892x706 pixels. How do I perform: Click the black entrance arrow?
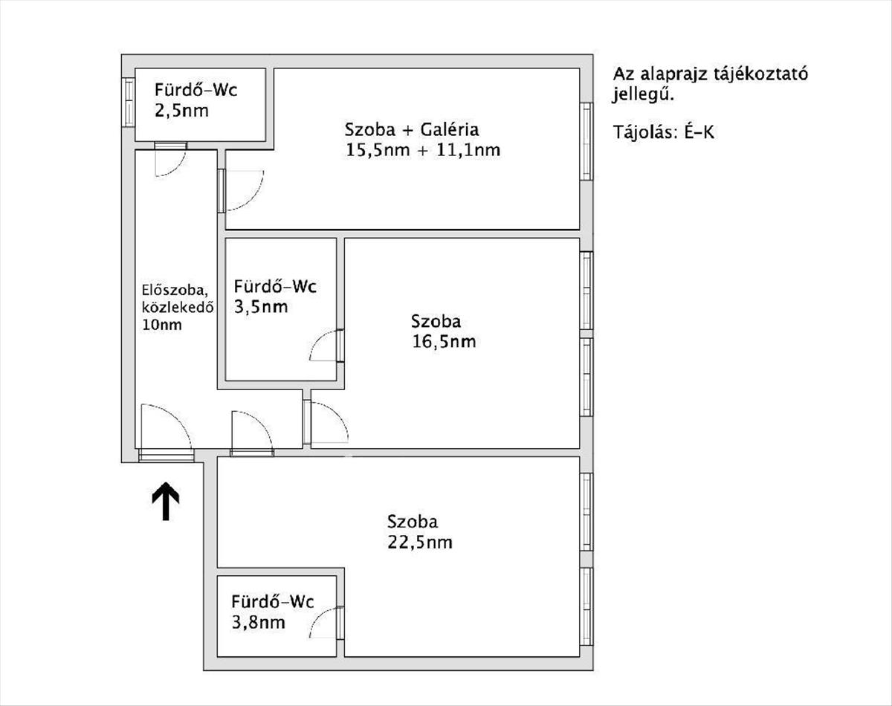(166, 501)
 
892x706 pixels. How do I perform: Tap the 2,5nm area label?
(181, 111)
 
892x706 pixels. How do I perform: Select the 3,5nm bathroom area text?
(261, 307)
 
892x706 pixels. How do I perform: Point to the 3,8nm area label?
(258, 622)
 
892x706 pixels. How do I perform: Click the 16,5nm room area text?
(444, 342)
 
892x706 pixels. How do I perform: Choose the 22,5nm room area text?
(420, 543)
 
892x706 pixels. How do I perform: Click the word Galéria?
(450, 130)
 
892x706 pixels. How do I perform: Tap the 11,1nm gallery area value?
(468, 149)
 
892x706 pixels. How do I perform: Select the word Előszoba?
(175, 289)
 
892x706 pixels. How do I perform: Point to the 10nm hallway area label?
(161, 325)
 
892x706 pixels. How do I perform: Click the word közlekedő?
(178, 307)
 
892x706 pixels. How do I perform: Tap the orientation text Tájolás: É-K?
(664, 132)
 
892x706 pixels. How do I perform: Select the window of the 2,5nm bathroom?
(129, 102)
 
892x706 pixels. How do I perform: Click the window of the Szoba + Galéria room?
(586, 141)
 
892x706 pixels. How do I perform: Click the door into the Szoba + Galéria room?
(241, 190)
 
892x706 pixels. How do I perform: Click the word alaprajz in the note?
(674, 74)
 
